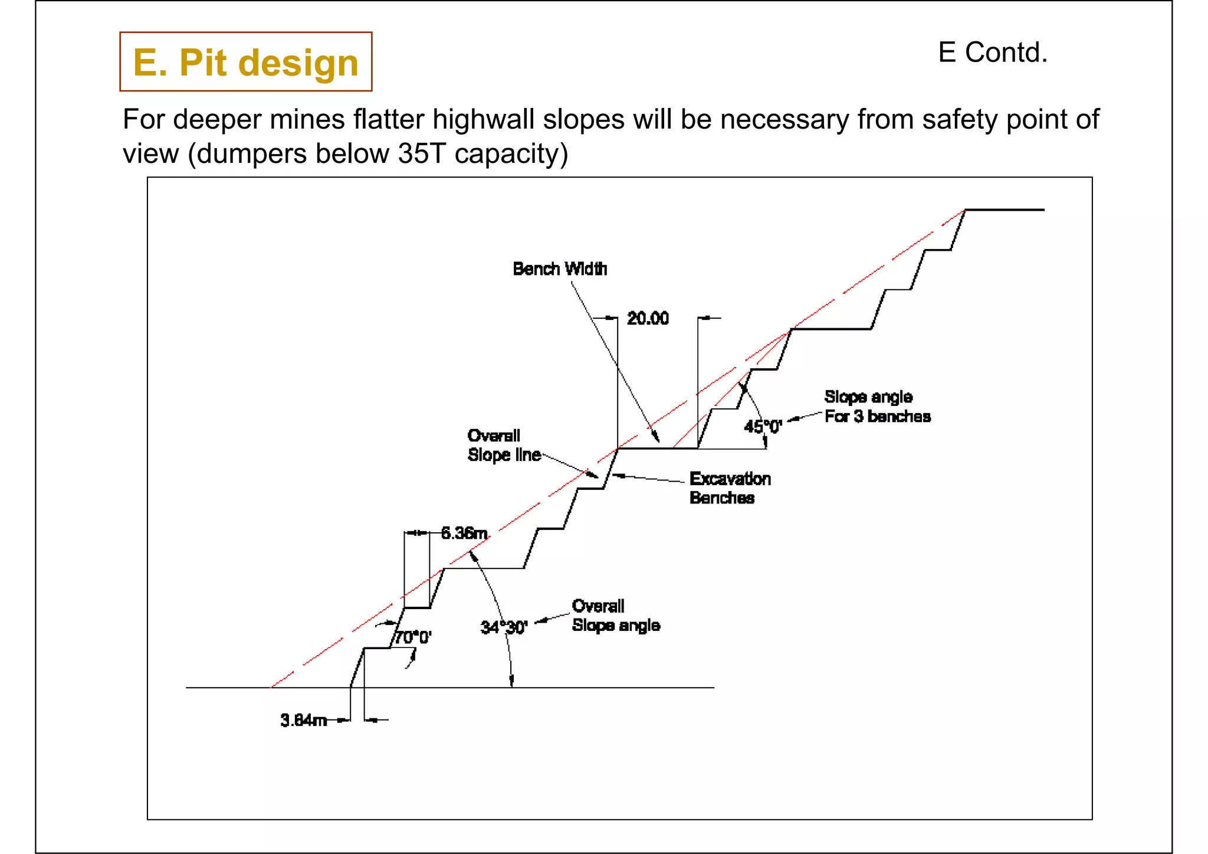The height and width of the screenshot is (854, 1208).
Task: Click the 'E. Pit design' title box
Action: click(x=245, y=62)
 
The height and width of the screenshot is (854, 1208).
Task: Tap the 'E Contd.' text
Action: click(x=992, y=53)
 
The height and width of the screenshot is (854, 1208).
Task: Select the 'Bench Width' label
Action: click(x=559, y=269)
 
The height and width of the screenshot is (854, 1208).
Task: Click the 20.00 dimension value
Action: click(x=647, y=319)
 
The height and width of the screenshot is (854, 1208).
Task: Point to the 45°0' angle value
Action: click(x=762, y=426)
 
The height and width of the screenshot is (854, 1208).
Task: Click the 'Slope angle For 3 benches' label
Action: click(x=877, y=407)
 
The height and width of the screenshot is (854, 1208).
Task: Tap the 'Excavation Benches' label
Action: click(x=730, y=488)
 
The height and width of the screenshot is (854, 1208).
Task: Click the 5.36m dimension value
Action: click(x=464, y=534)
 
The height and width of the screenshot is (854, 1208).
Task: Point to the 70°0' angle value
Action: click(x=413, y=637)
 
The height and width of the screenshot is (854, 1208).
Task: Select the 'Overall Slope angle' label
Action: click(x=615, y=616)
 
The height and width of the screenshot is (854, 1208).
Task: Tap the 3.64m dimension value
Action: click(x=303, y=721)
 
